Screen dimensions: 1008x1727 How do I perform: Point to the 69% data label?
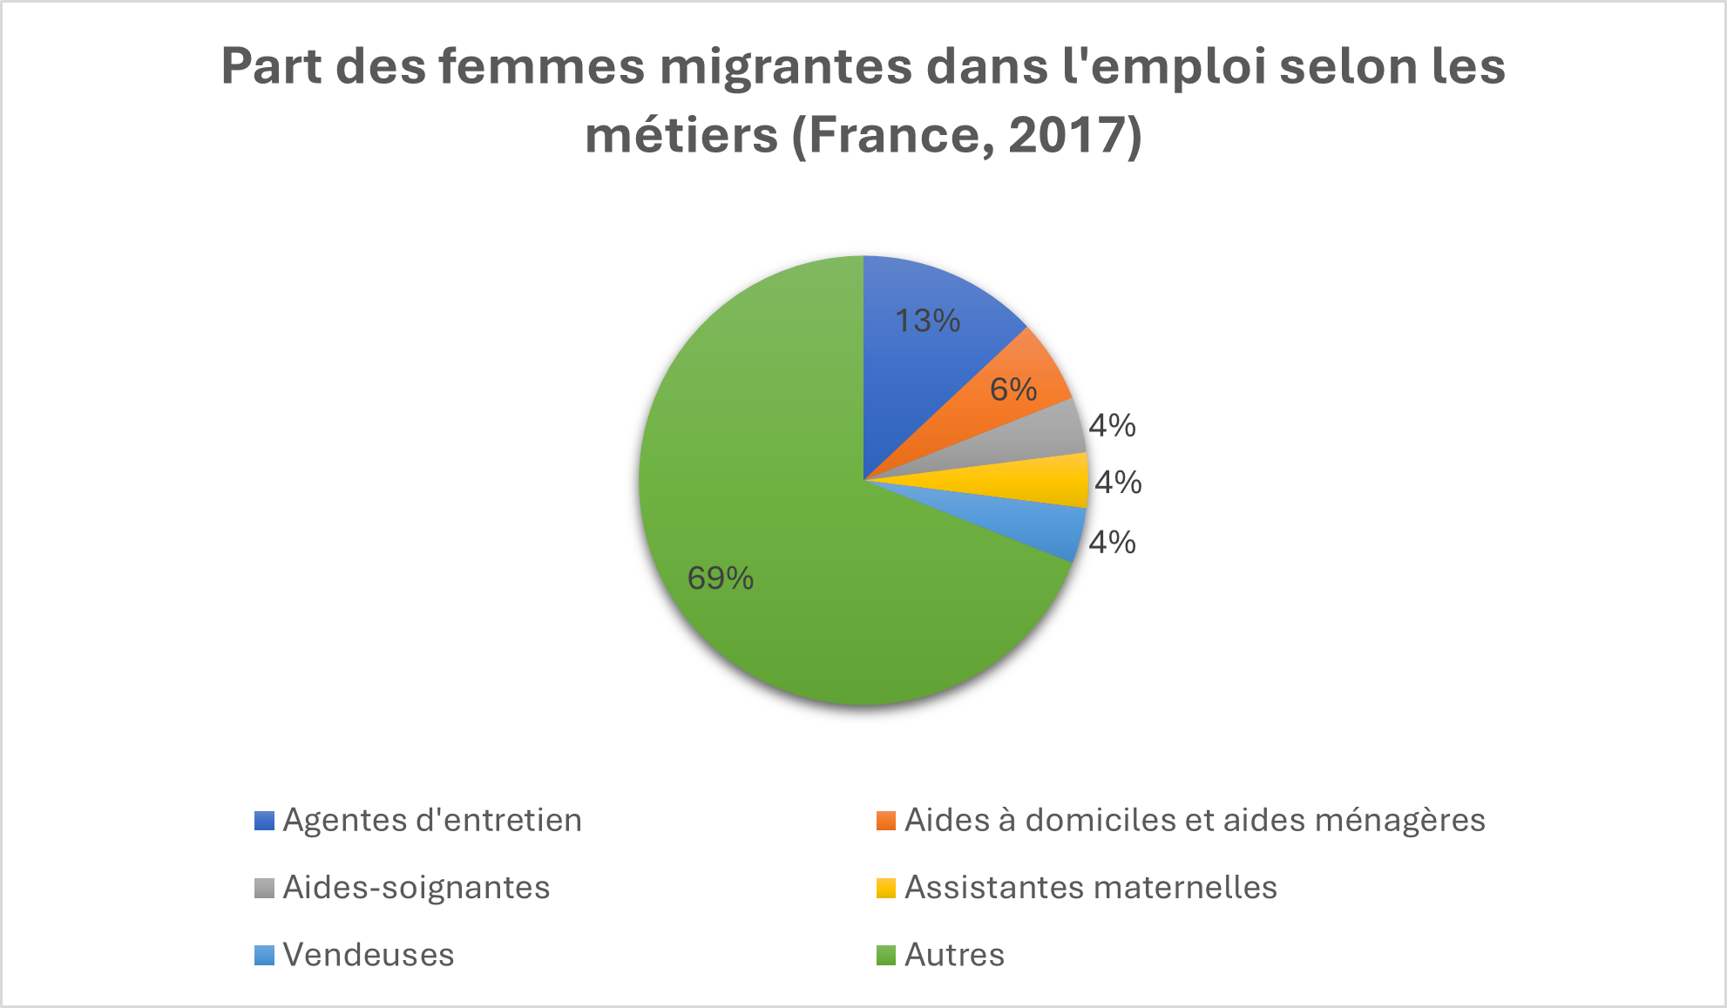click(721, 578)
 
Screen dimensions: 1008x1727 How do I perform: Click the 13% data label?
click(928, 321)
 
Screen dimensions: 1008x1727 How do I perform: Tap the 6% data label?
click(1013, 389)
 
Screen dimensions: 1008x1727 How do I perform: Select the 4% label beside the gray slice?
click(1113, 425)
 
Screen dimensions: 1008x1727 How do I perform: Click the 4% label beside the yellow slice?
click(1118, 482)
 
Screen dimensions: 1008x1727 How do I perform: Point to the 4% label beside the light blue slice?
click(1113, 542)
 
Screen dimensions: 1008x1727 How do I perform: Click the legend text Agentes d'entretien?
click(432, 820)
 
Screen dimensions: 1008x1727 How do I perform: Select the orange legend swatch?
click(886, 821)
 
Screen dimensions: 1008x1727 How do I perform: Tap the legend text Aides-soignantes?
click(417, 887)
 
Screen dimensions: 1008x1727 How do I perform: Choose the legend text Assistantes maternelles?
click(1091, 887)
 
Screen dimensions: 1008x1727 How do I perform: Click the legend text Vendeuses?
click(369, 954)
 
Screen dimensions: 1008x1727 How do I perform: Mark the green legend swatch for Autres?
click(886, 955)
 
